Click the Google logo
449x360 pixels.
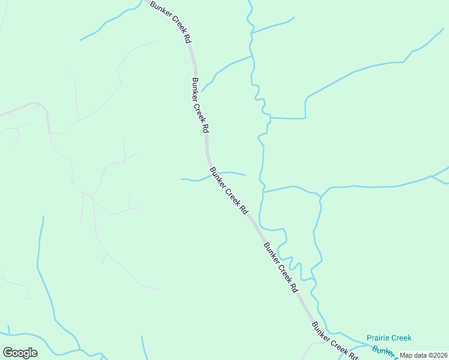click(x=20, y=353)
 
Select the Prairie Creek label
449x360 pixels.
click(x=390, y=338)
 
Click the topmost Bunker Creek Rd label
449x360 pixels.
click(x=170, y=21)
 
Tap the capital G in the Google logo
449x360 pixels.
click(x=8, y=353)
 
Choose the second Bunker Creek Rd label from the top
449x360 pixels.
click(x=200, y=105)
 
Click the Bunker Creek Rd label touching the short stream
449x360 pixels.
click(x=229, y=191)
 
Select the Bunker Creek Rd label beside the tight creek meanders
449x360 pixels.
click(x=280, y=267)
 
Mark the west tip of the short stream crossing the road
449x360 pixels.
click(x=182, y=179)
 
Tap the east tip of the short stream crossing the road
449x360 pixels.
click(x=245, y=175)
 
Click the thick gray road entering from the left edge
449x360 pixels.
click(x=18, y=110)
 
